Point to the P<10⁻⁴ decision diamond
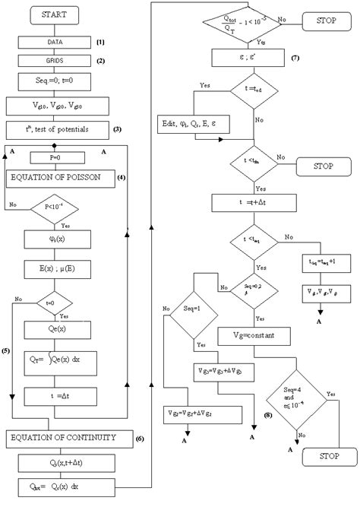tap(53, 204)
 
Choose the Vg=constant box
tap(245, 334)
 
